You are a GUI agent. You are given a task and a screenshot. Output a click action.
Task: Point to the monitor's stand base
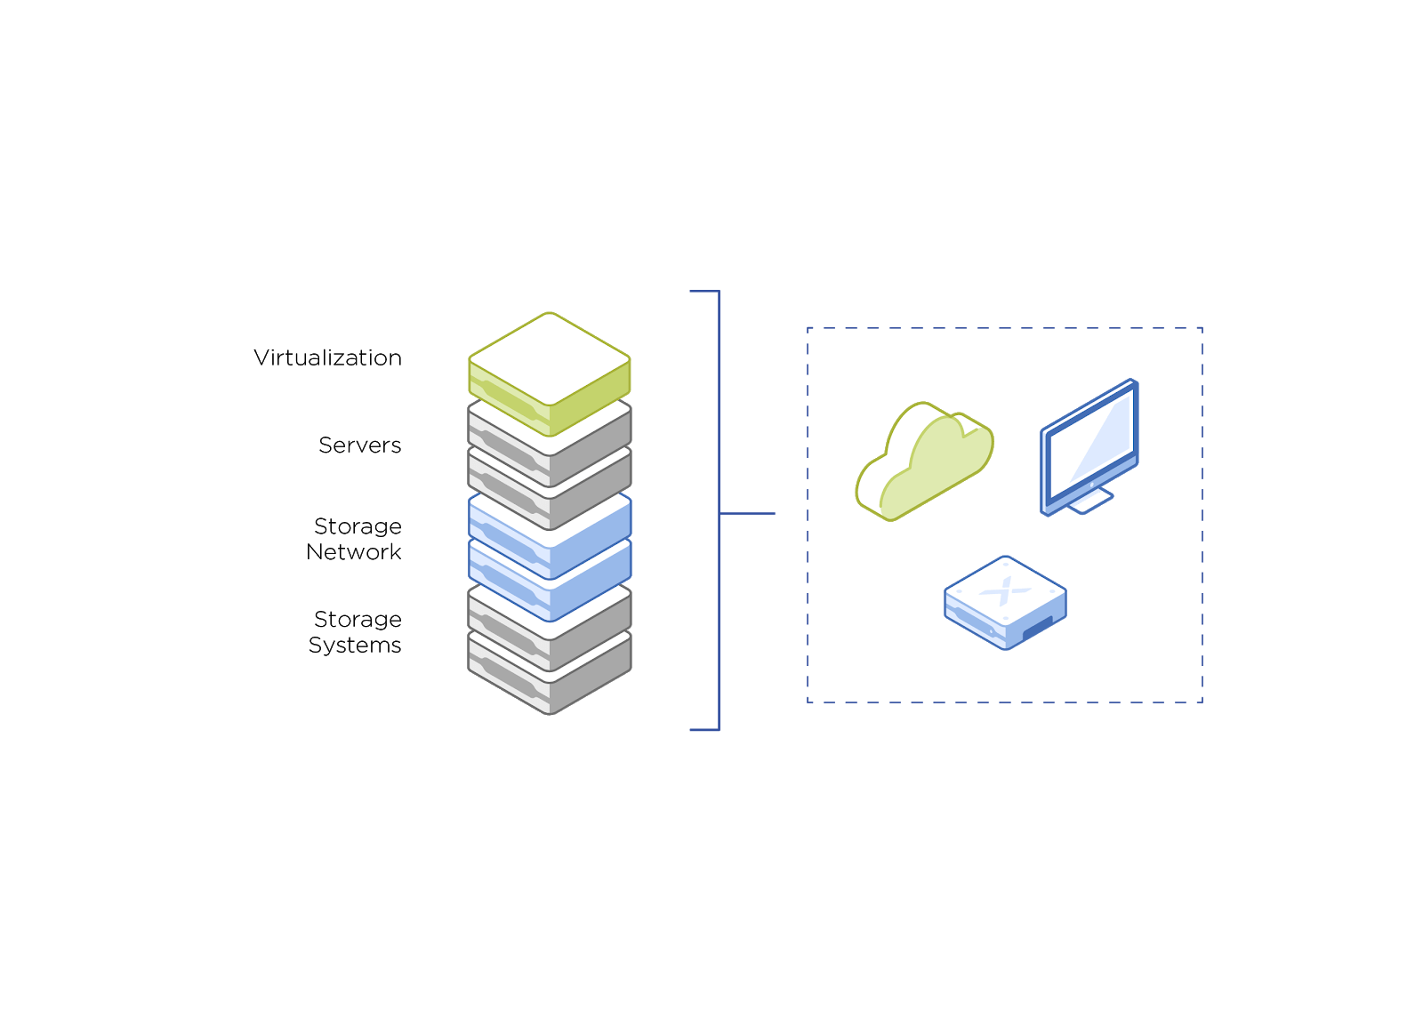coord(1090,502)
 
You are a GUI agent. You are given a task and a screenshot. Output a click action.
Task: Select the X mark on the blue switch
coord(1006,590)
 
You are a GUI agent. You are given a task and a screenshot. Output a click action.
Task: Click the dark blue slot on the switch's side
coord(1037,627)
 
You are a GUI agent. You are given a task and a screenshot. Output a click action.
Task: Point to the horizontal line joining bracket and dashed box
coord(747,513)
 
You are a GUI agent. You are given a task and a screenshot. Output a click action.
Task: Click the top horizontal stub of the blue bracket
coord(703,291)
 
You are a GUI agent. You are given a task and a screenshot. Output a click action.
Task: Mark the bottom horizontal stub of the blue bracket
coord(703,730)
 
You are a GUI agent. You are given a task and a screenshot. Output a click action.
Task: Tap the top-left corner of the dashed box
coord(808,328)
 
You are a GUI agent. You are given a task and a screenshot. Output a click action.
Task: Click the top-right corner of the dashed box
coord(1202,328)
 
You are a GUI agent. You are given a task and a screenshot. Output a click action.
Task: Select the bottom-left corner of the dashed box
coord(808,702)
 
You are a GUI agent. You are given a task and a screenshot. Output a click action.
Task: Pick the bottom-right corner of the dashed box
coord(1202,702)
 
